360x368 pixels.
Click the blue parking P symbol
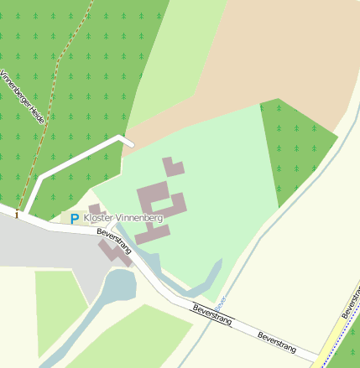pyautogui.click(x=74, y=219)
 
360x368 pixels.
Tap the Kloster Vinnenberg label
pyautogui.click(x=123, y=216)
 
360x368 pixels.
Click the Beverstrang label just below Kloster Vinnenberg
pyautogui.click(x=115, y=241)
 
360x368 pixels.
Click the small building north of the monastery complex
pyautogui.click(x=173, y=166)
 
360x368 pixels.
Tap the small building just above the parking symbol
pyautogui.click(x=95, y=209)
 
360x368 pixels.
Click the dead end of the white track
pyautogui.click(x=131, y=143)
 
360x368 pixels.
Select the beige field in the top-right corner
pyautogui.click(x=285, y=50)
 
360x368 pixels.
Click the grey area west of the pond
pyautogui.click(x=50, y=247)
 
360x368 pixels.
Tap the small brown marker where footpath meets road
pyautogui.click(x=15, y=215)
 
